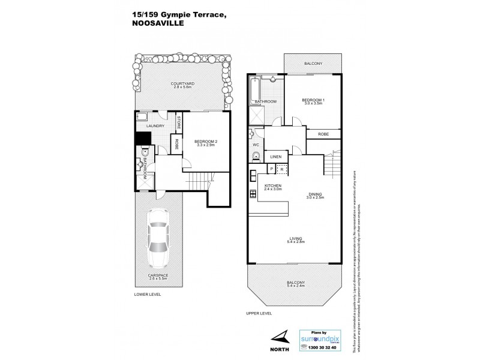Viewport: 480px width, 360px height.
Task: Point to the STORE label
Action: tap(178, 122)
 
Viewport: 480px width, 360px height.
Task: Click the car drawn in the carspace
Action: tap(158, 238)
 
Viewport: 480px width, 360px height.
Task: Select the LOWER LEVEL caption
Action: tap(147, 295)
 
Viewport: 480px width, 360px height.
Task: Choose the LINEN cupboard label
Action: tap(275, 157)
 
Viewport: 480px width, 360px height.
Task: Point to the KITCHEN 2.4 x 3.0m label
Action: tap(273, 188)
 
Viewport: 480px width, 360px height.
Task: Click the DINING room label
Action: tap(316, 196)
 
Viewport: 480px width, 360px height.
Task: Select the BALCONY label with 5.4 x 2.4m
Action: tap(296, 284)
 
